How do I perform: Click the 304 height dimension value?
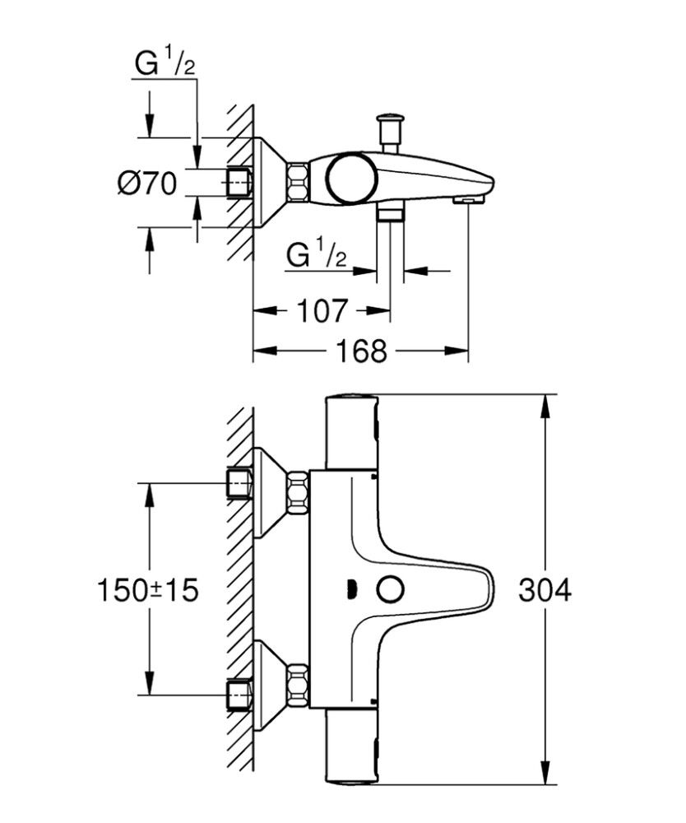pyautogui.click(x=545, y=591)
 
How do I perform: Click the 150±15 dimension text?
pyautogui.click(x=148, y=591)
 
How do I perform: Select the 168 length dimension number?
pyautogui.click(x=361, y=351)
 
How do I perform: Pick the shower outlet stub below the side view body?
pyautogui.click(x=390, y=213)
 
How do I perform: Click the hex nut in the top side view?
pyautogui.click(x=298, y=182)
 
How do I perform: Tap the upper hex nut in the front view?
pyautogui.click(x=297, y=491)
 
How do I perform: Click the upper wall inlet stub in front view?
pyautogui.click(x=239, y=483)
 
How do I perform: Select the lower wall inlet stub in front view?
pyautogui.click(x=239, y=694)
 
